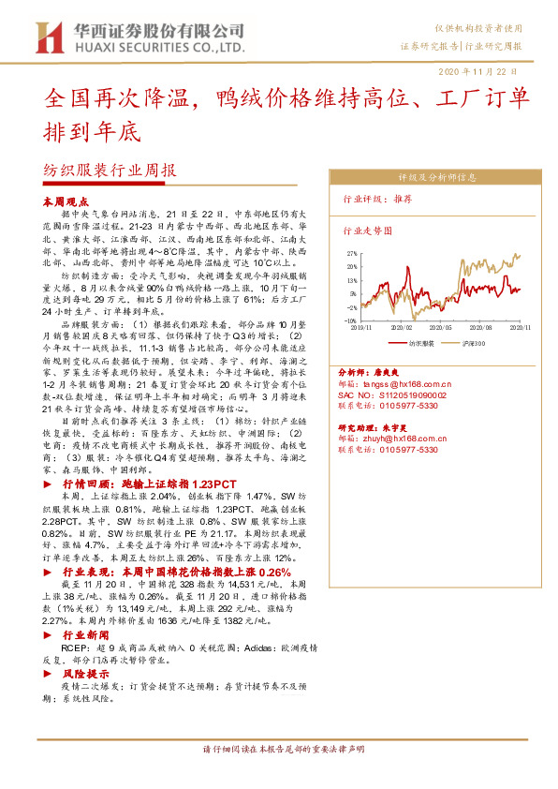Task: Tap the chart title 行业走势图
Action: tap(366, 230)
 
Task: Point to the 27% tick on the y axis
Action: tap(351, 253)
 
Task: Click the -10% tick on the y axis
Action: tap(350, 320)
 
